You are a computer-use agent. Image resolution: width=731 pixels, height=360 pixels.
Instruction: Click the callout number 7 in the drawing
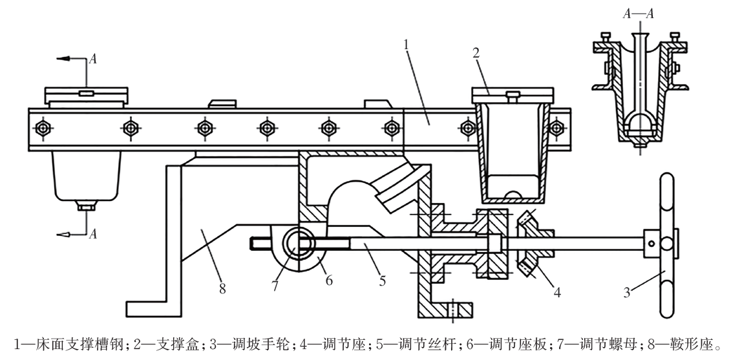tap(276, 285)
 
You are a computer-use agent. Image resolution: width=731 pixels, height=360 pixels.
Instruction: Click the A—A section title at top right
tap(636, 15)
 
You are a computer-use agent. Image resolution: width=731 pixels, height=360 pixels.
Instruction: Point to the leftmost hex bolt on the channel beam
tap(43, 127)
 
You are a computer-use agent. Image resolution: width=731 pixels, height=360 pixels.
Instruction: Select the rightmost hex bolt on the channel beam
tap(555, 127)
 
